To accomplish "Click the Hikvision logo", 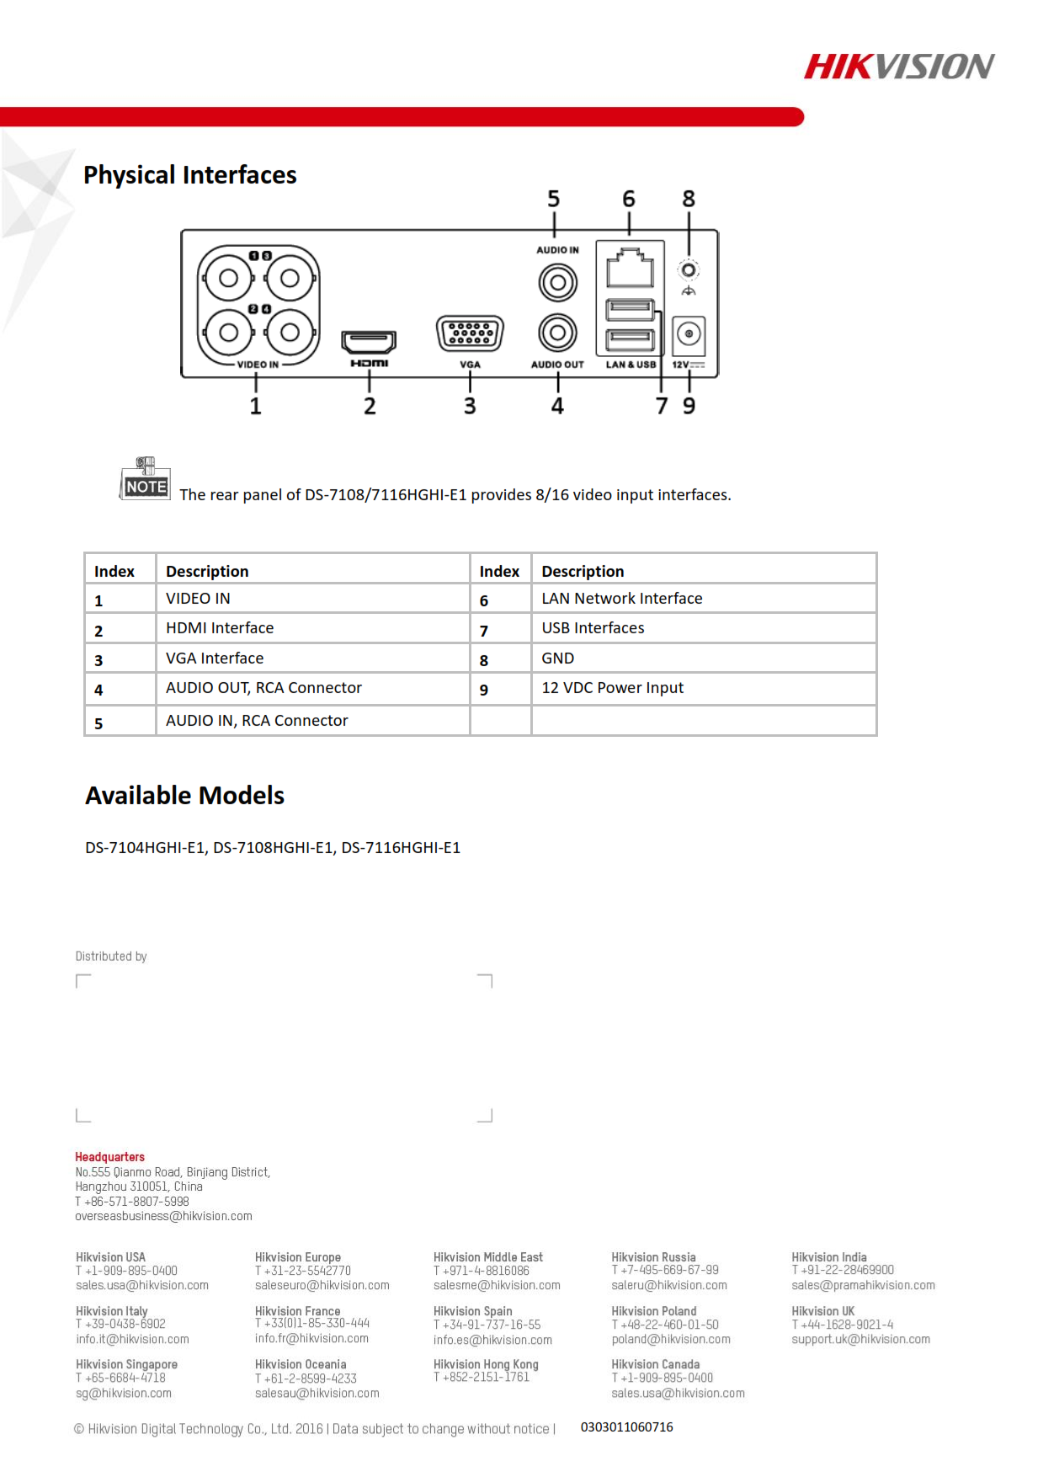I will click(x=898, y=67).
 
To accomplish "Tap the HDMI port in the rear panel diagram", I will click(x=369, y=341).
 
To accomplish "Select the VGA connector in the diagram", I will click(x=470, y=333).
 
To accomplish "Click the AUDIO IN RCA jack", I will click(x=557, y=282).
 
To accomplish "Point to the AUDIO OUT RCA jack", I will click(x=557, y=333).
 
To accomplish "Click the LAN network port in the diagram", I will click(x=630, y=267).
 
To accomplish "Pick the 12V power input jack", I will click(x=689, y=335).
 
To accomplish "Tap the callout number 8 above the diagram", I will click(x=689, y=200).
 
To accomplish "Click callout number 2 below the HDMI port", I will click(x=370, y=406).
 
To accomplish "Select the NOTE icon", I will click(x=145, y=479).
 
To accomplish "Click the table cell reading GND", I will click(x=558, y=659).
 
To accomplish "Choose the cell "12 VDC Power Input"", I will click(x=612, y=688).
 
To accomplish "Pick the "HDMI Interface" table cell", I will click(x=220, y=628).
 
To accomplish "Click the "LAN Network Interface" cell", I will click(x=621, y=599).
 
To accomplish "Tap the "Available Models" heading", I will click(x=184, y=796).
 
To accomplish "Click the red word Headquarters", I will click(x=109, y=1157).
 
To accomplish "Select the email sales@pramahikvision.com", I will click(x=863, y=1285).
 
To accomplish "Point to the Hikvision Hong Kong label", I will click(x=486, y=1364).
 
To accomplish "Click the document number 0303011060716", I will click(x=626, y=1427).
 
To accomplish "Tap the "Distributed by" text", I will click(x=111, y=957).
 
